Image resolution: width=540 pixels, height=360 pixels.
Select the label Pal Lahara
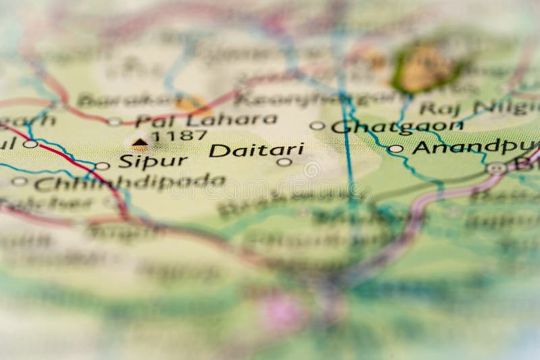[x=206, y=120]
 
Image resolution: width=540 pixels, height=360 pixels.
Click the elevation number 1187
[x=179, y=135]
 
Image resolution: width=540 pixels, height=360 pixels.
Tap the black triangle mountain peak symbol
[x=140, y=142]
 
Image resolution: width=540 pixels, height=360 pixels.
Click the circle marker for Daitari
[x=284, y=161]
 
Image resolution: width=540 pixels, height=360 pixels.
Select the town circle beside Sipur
[x=102, y=165]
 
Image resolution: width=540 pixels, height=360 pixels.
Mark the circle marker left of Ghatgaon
[x=317, y=126]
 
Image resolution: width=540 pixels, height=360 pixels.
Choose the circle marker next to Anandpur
[x=396, y=149]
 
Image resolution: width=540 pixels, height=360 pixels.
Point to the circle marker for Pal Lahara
[x=115, y=122]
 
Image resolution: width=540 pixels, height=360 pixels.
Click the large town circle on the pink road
[x=497, y=168]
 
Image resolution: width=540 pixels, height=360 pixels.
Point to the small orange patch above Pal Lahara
[x=190, y=103]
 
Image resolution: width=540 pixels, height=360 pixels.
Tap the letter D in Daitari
[x=217, y=151]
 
